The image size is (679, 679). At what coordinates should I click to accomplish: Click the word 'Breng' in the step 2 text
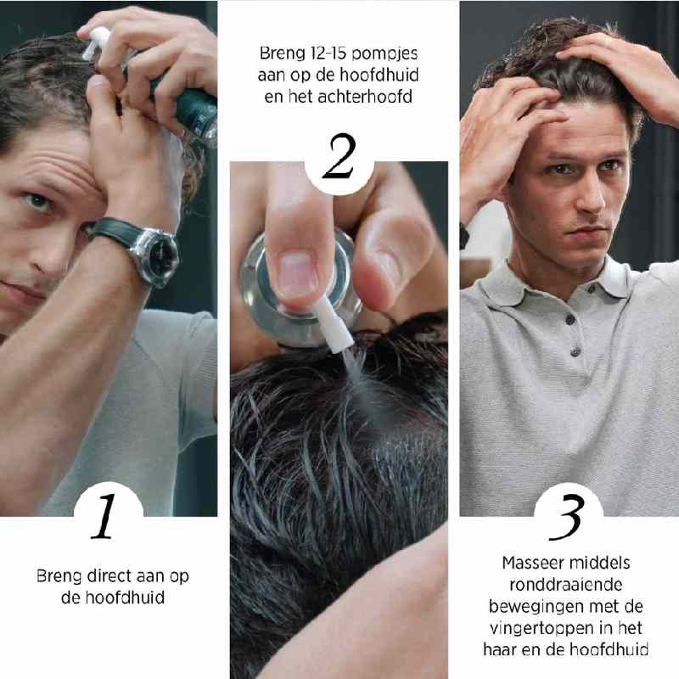(x=280, y=53)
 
